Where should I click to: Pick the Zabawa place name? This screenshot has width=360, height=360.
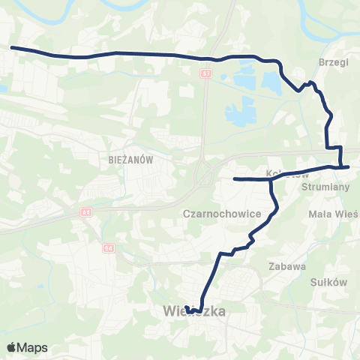tap(287, 265)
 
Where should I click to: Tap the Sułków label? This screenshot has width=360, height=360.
tap(327, 283)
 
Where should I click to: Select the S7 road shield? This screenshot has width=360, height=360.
tap(206, 74)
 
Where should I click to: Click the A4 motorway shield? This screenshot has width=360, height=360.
tap(87, 213)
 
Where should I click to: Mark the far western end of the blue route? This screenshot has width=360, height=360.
tap(12, 48)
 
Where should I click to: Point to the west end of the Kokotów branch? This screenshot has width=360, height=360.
tap(235, 179)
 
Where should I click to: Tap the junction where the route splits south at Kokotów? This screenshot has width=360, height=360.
tap(271, 178)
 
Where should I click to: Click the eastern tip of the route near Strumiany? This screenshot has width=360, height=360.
tap(349, 167)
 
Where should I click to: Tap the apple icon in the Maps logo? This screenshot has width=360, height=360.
tap(11, 347)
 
